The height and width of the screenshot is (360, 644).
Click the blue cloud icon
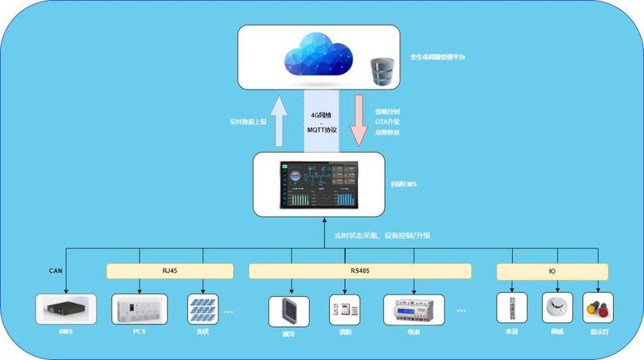coord(319,55)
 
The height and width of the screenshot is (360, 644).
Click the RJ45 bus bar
coord(170,271)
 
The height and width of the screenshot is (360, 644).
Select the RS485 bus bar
coord(360,271)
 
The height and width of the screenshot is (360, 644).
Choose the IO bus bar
coord(552,271)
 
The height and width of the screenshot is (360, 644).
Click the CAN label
coord(55,271)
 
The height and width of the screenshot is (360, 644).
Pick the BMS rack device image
coord(66,308)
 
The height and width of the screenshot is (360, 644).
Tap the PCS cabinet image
coord(139,308)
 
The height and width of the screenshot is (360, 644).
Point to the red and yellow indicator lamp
coord(597,307)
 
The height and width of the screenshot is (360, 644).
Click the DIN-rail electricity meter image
coord(413,309)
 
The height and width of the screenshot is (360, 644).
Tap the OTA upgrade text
coord(387,122)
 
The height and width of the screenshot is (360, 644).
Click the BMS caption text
coord(66,332)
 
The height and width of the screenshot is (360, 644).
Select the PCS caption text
coord(139,332)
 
